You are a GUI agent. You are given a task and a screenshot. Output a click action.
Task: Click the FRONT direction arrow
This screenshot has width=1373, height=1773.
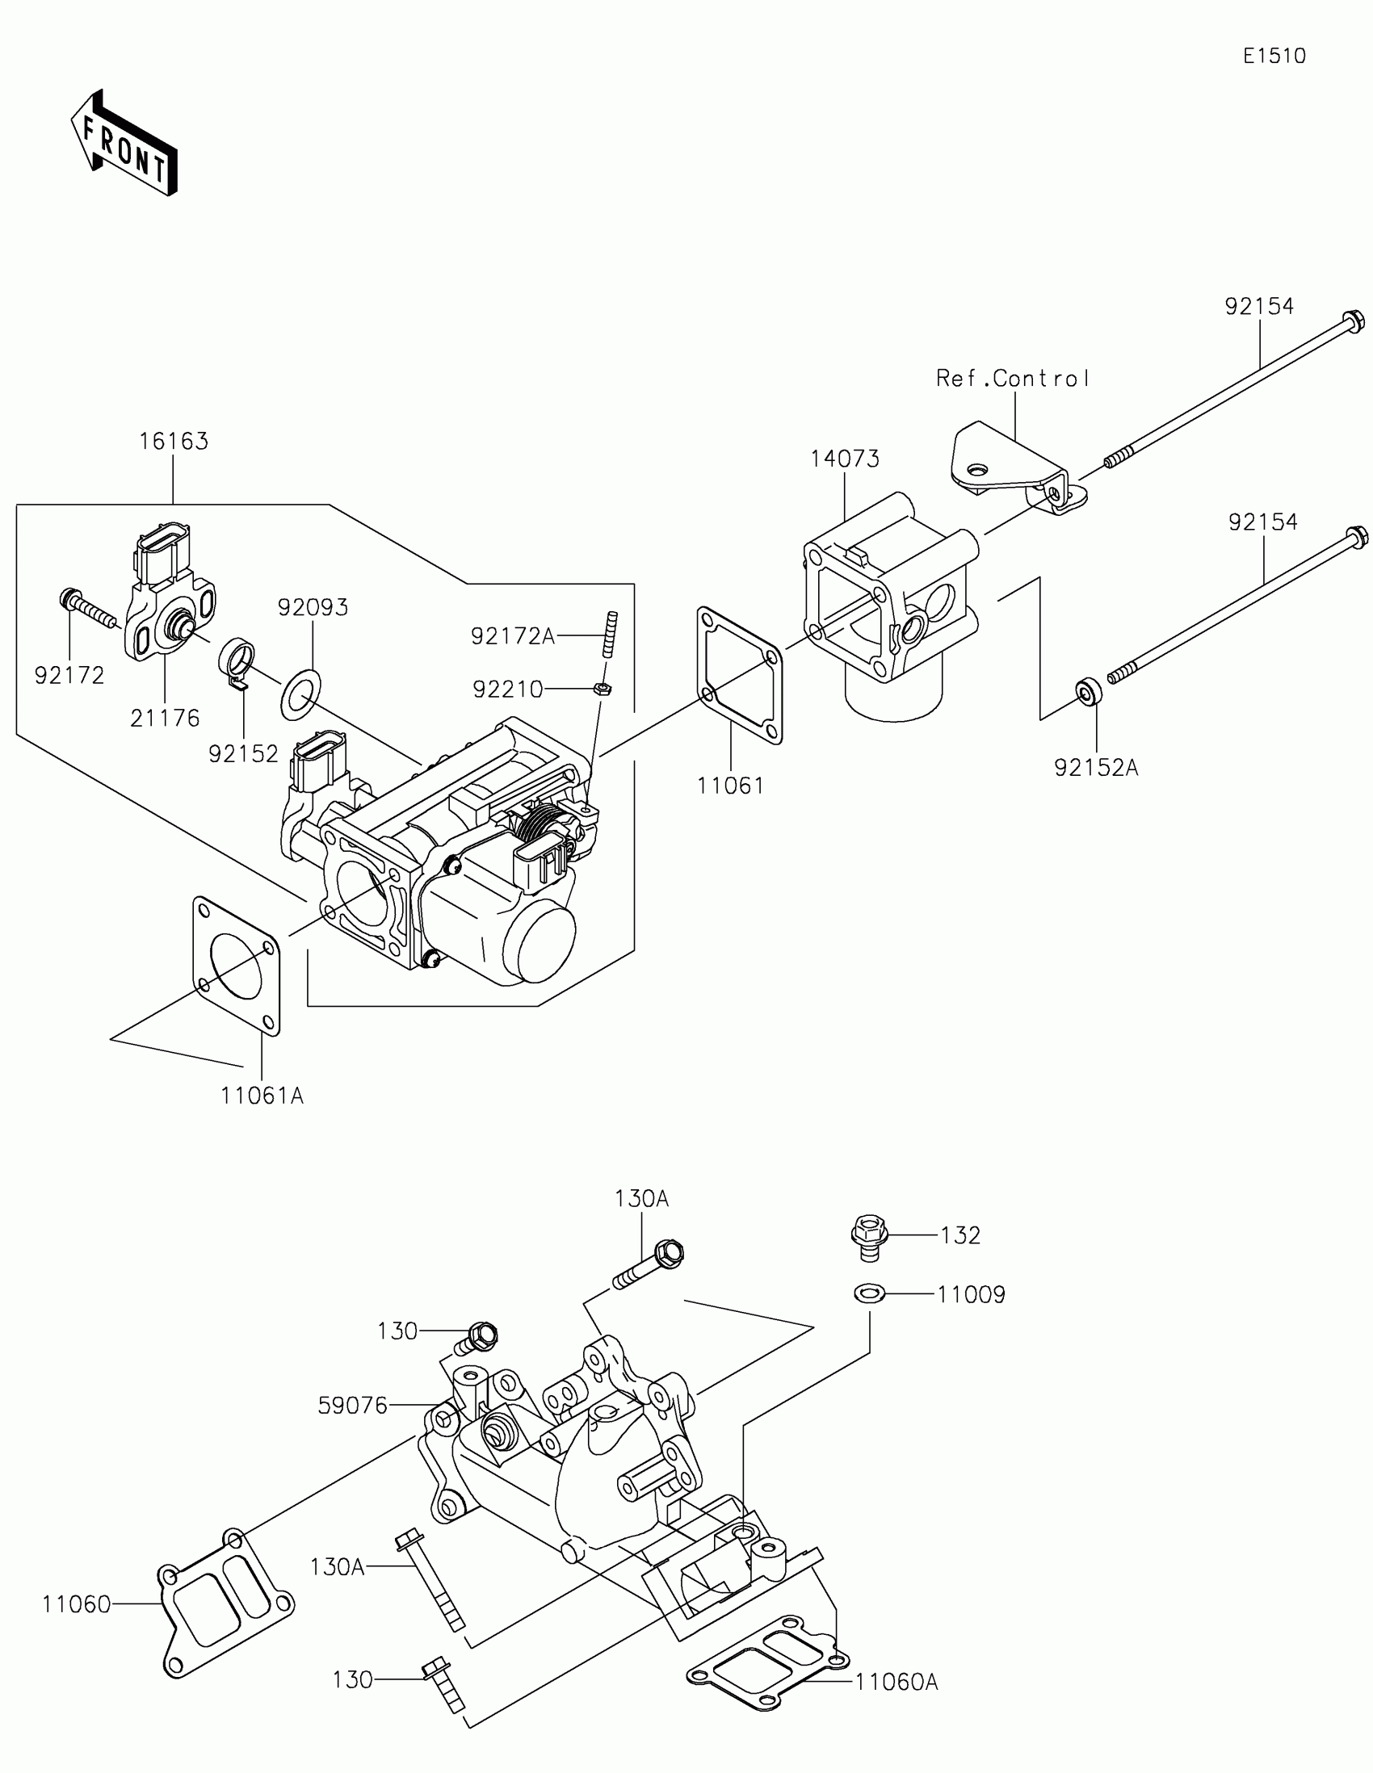125,143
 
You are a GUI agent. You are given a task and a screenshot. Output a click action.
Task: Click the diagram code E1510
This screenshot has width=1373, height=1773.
1274,56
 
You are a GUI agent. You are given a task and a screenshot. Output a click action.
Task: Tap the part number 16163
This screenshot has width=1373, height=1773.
173,442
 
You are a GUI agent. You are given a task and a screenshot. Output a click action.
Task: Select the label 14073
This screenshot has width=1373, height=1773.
845,459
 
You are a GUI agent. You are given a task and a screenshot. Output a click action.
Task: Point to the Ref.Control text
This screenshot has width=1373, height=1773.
1013,379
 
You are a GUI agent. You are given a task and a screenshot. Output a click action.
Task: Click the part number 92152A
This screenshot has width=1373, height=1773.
1096,768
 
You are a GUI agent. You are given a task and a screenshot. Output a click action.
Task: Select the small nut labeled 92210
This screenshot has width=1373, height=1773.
602,689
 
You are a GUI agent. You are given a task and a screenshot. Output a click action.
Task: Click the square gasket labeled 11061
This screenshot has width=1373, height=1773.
739,676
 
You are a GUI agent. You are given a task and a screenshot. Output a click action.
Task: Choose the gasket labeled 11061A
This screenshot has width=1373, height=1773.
237,966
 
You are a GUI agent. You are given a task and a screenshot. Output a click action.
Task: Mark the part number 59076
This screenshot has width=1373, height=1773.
352,1406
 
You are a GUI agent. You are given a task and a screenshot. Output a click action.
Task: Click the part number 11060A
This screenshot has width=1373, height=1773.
896,1683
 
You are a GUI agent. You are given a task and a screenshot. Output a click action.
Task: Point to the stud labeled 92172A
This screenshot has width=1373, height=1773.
611,635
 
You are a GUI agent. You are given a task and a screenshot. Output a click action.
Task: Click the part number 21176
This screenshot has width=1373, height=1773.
165,719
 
